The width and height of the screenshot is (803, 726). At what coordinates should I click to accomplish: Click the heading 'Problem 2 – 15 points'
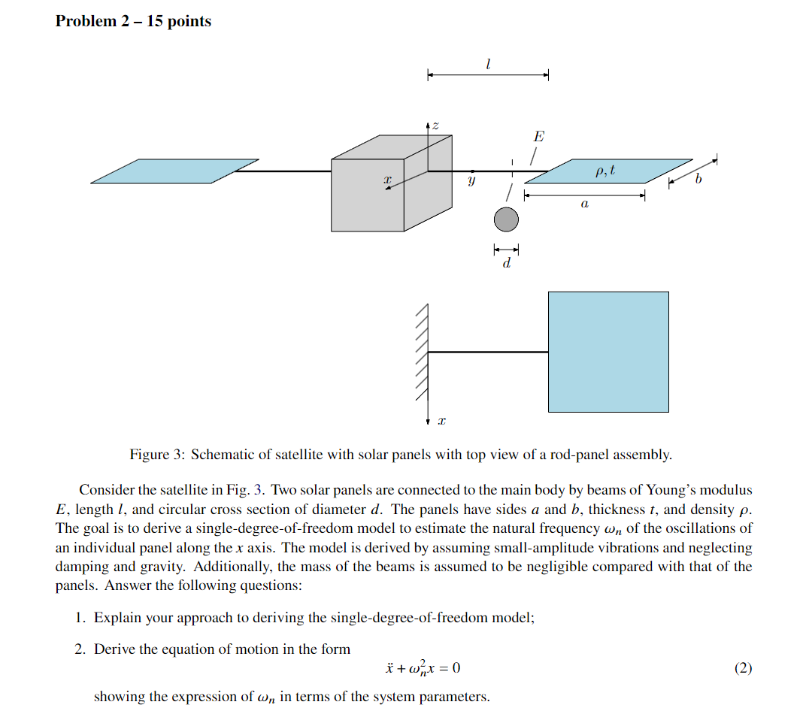[133, 21]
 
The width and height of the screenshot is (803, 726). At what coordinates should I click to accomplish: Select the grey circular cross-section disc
[506, 219]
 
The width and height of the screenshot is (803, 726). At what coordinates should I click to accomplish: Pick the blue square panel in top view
[608, 352]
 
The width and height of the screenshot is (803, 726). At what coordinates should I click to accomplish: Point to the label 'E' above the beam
[538, 137]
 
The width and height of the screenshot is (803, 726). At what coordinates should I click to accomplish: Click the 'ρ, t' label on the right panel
[605, 171]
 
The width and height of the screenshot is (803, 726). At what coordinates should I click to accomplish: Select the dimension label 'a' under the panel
[584, 204]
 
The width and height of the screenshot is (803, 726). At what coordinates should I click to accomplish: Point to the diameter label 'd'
[506, 263]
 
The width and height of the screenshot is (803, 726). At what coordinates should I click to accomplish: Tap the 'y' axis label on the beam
[471, 181]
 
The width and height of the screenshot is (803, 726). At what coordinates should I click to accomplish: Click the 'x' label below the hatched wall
[441, 423]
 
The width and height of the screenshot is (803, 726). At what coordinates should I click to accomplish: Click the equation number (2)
[743, 667]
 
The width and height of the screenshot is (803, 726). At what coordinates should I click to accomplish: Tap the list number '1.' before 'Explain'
[80, 618]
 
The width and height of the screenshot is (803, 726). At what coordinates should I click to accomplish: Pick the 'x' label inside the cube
[387, 180]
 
